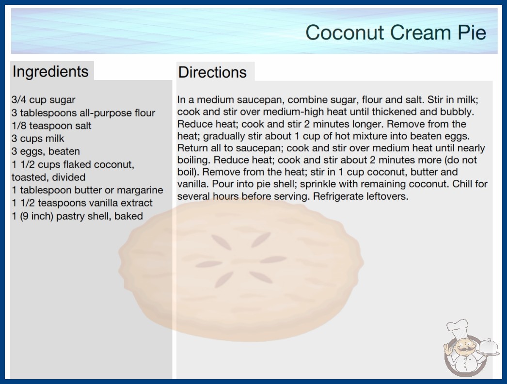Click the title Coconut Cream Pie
[396, 32]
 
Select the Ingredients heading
[50, 71]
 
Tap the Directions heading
[212, 72]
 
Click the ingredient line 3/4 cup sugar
[43, 100]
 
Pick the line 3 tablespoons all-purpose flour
[83, 113]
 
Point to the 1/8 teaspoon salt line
[51, 126]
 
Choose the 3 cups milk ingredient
[38, 139]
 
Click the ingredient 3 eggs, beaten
[46, 151]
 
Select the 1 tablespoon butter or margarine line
[87, 190]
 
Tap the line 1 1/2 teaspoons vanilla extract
[82, 203]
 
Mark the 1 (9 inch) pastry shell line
[77, 216]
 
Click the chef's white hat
[458, 327]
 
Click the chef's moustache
[462, 349]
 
